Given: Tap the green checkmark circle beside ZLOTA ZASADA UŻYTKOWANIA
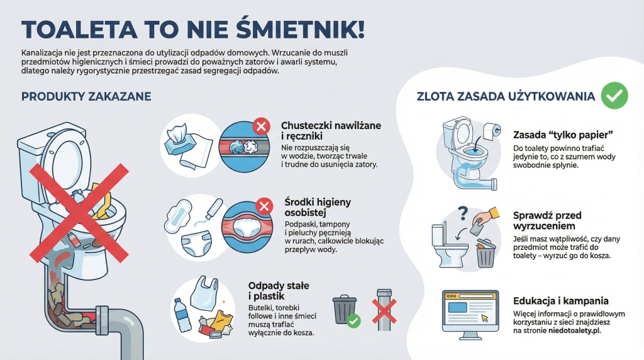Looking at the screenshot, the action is pos(614,95).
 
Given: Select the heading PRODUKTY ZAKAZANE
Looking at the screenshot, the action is pos(86,96).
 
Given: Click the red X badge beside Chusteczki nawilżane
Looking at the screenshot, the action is pos(261,126).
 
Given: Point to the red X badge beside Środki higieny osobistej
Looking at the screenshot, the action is pos(264,206).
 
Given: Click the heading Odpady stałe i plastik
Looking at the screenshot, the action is pos(279,291).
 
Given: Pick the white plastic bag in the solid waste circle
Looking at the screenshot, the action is pos(204,293).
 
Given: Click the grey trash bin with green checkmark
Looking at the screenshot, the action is pos(346,311).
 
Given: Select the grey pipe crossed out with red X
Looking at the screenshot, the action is pos(384,310).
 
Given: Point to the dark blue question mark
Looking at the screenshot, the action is pos(463,213).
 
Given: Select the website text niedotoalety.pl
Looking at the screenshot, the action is pos(575,330).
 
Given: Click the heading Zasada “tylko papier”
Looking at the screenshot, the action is pos(563,135).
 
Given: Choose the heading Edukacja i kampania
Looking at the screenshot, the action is pos(560,301).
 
